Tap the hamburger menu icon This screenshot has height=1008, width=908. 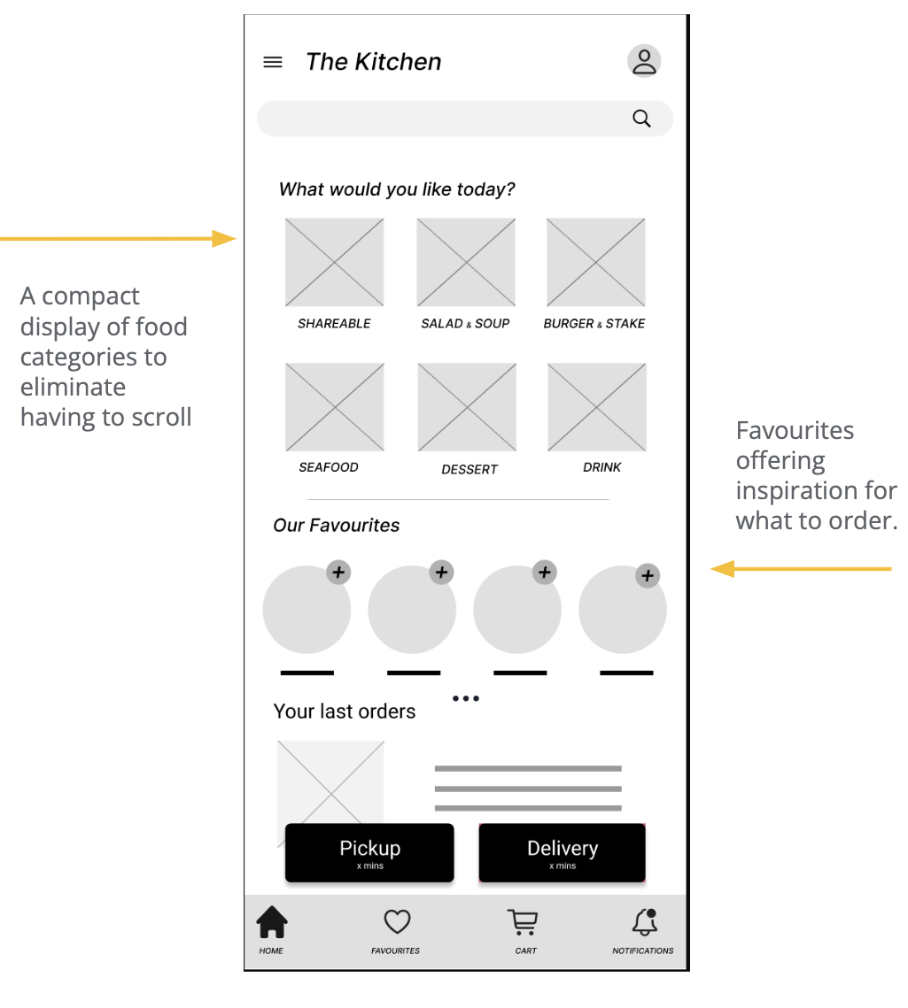tap(273, 62)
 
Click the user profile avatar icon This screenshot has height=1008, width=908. tap(644, 61)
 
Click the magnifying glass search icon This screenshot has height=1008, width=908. tap(641, 119)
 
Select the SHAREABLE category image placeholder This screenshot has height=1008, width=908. tap(335, 262)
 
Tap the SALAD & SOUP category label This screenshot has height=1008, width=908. tap(465, 323)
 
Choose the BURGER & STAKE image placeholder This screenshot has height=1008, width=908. tap(596, 262)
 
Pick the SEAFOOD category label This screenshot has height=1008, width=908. tap(328, 467)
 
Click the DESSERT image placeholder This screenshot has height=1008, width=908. tap(467, 407)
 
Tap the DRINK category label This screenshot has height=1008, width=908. tap(601, 467)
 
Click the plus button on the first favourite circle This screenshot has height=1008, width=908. tap(338, 572)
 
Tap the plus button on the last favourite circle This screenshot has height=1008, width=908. tap(648, 575)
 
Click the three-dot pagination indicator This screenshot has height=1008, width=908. tap(466, 698)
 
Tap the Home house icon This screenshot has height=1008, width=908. tap(272, 922)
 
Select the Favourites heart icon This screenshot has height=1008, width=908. tap(397, 921)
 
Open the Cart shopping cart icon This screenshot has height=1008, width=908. tap(523, 922)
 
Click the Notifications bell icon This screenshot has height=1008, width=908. tap(645, 922)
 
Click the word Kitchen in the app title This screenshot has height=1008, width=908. tap(399, 62)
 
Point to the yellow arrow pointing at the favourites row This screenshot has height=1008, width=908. tap(801, 569)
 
